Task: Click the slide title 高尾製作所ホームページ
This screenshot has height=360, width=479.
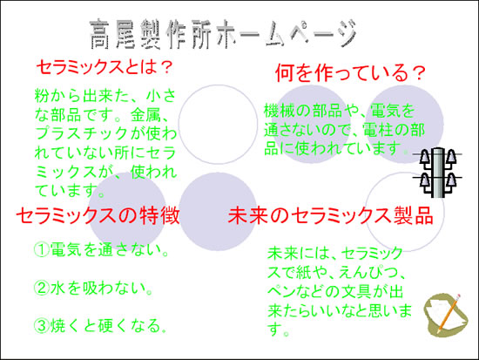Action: pyautogui.click(x=224, y=34)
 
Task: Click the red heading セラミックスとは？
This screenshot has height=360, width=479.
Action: pyautogui.click(x=105, y=67)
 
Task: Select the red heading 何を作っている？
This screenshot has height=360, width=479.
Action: pyautogui.click(x=350, y=73)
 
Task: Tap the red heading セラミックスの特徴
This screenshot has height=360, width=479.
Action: pyautogui.click(x=98, y=215)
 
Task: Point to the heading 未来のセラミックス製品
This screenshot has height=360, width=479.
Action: pyautogui.click(x=331, y=215)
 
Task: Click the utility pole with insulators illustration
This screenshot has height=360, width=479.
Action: pyautogui.click(x=437, y=173)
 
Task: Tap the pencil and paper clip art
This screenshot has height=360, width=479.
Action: pyautogui.click(x=445, y=315)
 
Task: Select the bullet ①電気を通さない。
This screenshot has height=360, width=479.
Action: pyautogui.click(x=101, y=249)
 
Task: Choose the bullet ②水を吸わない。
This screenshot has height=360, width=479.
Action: pyautogui.click(x=93, y=288)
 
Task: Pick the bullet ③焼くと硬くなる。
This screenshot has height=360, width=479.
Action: pyautogui.click(x=100, y=326)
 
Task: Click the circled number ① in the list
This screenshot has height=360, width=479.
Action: pyautogui.click(x=42, y=249)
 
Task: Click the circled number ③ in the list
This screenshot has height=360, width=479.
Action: pyautogui.click(x=42, y=326)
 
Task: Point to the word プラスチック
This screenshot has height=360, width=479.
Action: pyautogui.click(x=82, y=133)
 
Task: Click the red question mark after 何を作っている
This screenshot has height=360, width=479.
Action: pyautogui.click(x=418, y=73)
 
